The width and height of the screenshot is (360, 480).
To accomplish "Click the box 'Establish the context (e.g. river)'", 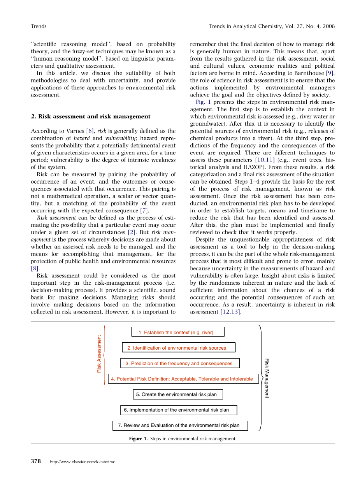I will [x=178, y=332].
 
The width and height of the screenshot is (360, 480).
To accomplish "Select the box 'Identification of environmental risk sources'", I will [x=179, y=348].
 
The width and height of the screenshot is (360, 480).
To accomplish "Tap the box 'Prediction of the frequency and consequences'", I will [x=180, y=363].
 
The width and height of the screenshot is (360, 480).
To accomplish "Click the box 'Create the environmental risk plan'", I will [x=178, y=394].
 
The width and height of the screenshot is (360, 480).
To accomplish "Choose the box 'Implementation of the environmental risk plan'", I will [x=179, y=410].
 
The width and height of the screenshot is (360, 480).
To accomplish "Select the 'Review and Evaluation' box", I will [x=180, y=426].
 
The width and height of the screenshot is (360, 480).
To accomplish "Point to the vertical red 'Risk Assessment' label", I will [x=99, y=354].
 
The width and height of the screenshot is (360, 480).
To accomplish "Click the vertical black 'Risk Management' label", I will [x=267, y=378].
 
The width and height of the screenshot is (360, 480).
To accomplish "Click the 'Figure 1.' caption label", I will [x=138, y=439].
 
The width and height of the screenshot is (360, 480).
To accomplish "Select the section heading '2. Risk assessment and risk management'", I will [x=90, y=116].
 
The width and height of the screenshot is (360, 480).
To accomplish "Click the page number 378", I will [x=36, y=462].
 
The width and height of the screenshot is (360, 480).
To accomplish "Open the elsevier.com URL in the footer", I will [x=83, y=462].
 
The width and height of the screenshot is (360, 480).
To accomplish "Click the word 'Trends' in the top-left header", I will [x=39, y=26].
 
